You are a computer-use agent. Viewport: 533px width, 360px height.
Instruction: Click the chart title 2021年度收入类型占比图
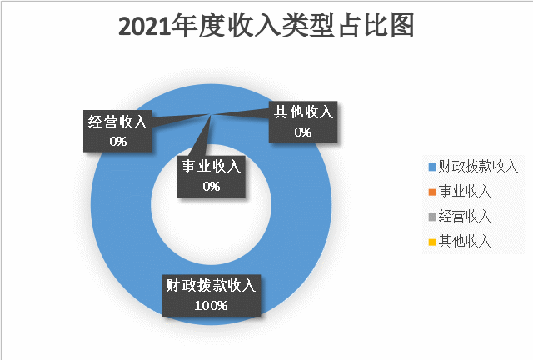pos(266,26)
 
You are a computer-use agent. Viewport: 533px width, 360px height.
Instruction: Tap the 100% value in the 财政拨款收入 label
pos(211,305)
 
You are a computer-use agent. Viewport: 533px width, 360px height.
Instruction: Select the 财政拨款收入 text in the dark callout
pos(211,285)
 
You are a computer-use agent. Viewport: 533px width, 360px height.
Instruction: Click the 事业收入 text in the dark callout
pos(211,167)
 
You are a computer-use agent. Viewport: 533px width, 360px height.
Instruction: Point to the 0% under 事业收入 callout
pos(211,186)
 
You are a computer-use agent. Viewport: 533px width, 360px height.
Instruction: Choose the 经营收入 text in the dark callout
pos(117,122)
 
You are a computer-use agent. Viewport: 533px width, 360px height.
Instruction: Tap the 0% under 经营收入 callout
pos(118,141)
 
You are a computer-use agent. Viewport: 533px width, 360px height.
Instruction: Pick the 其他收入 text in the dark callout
pos(303,112)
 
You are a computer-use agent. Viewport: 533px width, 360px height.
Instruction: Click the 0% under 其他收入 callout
pos(303,132)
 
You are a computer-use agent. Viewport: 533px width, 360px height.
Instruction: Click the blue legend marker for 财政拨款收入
pos(432,167)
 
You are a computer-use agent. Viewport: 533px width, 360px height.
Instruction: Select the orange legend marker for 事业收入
pos(432,192)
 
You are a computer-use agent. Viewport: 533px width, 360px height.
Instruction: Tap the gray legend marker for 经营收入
pos(432,217)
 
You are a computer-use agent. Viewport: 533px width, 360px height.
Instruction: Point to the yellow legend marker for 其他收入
pos(432,242)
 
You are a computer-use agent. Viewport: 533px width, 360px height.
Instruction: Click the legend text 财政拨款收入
pos(478,167)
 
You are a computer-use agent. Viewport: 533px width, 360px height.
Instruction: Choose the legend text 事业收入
pos(465,191)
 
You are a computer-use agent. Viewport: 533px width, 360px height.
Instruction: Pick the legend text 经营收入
pos(465,217)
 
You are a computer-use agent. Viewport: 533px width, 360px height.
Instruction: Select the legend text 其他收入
pos(465,241)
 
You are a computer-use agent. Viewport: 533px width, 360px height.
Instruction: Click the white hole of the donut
pos(211,232)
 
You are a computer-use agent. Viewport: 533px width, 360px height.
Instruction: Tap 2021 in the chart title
pos(144,27)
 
